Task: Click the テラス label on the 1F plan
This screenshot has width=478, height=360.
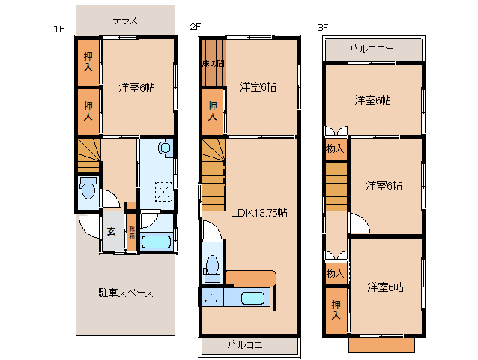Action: coord(125,20)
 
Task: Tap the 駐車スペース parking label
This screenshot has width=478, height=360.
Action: coord(125,292)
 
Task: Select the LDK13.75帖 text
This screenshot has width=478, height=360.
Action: coord(258,213)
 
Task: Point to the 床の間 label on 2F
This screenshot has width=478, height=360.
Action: coord(213,64)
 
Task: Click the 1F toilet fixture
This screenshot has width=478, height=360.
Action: coord(88,190)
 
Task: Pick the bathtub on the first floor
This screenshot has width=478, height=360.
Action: coord(157,241)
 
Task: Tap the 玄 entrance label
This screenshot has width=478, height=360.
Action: coord(111,232)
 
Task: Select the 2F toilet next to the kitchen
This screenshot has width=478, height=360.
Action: coord(212,266)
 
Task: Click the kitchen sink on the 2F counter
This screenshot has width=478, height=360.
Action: coord(253,298)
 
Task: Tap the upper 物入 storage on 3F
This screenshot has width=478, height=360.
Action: coord(335,148)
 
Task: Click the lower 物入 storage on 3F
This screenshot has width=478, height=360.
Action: coord(335,273)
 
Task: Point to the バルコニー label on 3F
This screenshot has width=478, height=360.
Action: coord(371,49)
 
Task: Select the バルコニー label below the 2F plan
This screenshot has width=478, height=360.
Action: coord(249,345)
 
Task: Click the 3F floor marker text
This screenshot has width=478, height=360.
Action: coord(324,28)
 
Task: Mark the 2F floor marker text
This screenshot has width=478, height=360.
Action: coord(195,28)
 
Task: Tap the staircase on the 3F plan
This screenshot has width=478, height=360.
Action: coord(336,187)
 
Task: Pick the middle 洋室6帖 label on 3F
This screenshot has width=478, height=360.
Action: coord(384,185)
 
